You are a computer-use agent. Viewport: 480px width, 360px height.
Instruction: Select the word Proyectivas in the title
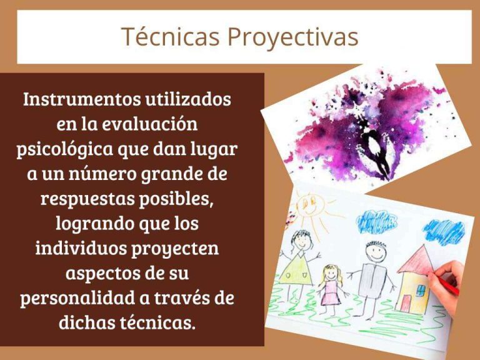pyautogui.click(x=292, y=37)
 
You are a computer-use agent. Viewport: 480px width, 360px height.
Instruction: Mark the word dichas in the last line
pyautogui.click(x=92, y=322)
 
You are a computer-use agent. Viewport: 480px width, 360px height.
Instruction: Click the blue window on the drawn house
pyautogui.click(x=420, y=289)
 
